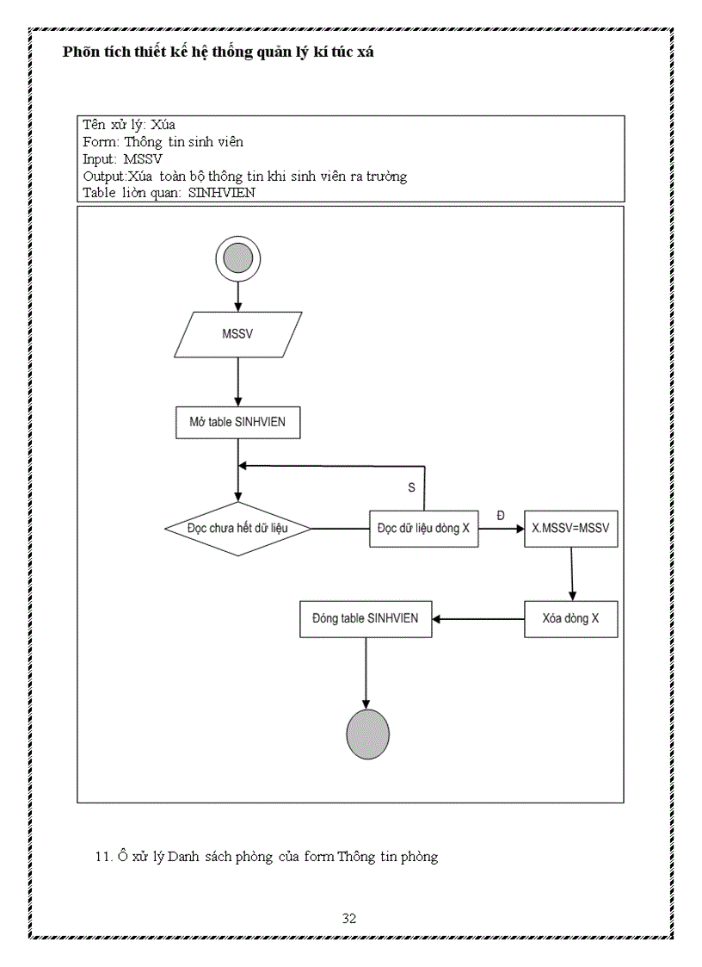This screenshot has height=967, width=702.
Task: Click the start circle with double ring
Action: pyautogui.click(x=237, y=258)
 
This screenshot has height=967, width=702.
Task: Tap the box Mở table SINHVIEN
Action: pyautogui.click(x=237, y=423)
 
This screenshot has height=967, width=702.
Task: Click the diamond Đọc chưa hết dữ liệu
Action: pyautogui.click(x=237, y=529)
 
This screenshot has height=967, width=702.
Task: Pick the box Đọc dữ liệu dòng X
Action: pyautogui.click(x=423, y=529)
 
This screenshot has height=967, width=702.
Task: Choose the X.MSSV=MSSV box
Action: pyautogui.click(x=570, y=529)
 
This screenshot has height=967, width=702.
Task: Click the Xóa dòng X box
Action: pyautogui.click(x=570, y=618)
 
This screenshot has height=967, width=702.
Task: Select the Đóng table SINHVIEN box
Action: pyautogui.click(x=366, y=618)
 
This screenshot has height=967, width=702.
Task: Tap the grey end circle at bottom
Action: pyautogui.click(x=367, y=735)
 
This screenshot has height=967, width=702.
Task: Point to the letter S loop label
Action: pyautogui.click(x=411, y=487)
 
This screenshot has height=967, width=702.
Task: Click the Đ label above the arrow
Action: pyautogui.click(x=501, y=515)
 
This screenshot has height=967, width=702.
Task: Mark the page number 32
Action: pyautogui.click(x=349, y=918)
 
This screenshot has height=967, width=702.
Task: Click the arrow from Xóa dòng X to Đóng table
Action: pyautogui.click(x=478, y=618)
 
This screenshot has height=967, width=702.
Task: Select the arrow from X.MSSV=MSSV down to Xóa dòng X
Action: pyautogui.click(x=572, y=574)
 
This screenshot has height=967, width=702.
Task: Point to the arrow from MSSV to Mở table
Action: pyautogui.click(x=237, y=379)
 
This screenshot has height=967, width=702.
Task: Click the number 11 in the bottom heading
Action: pyautogui.click(x=98, y=857)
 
